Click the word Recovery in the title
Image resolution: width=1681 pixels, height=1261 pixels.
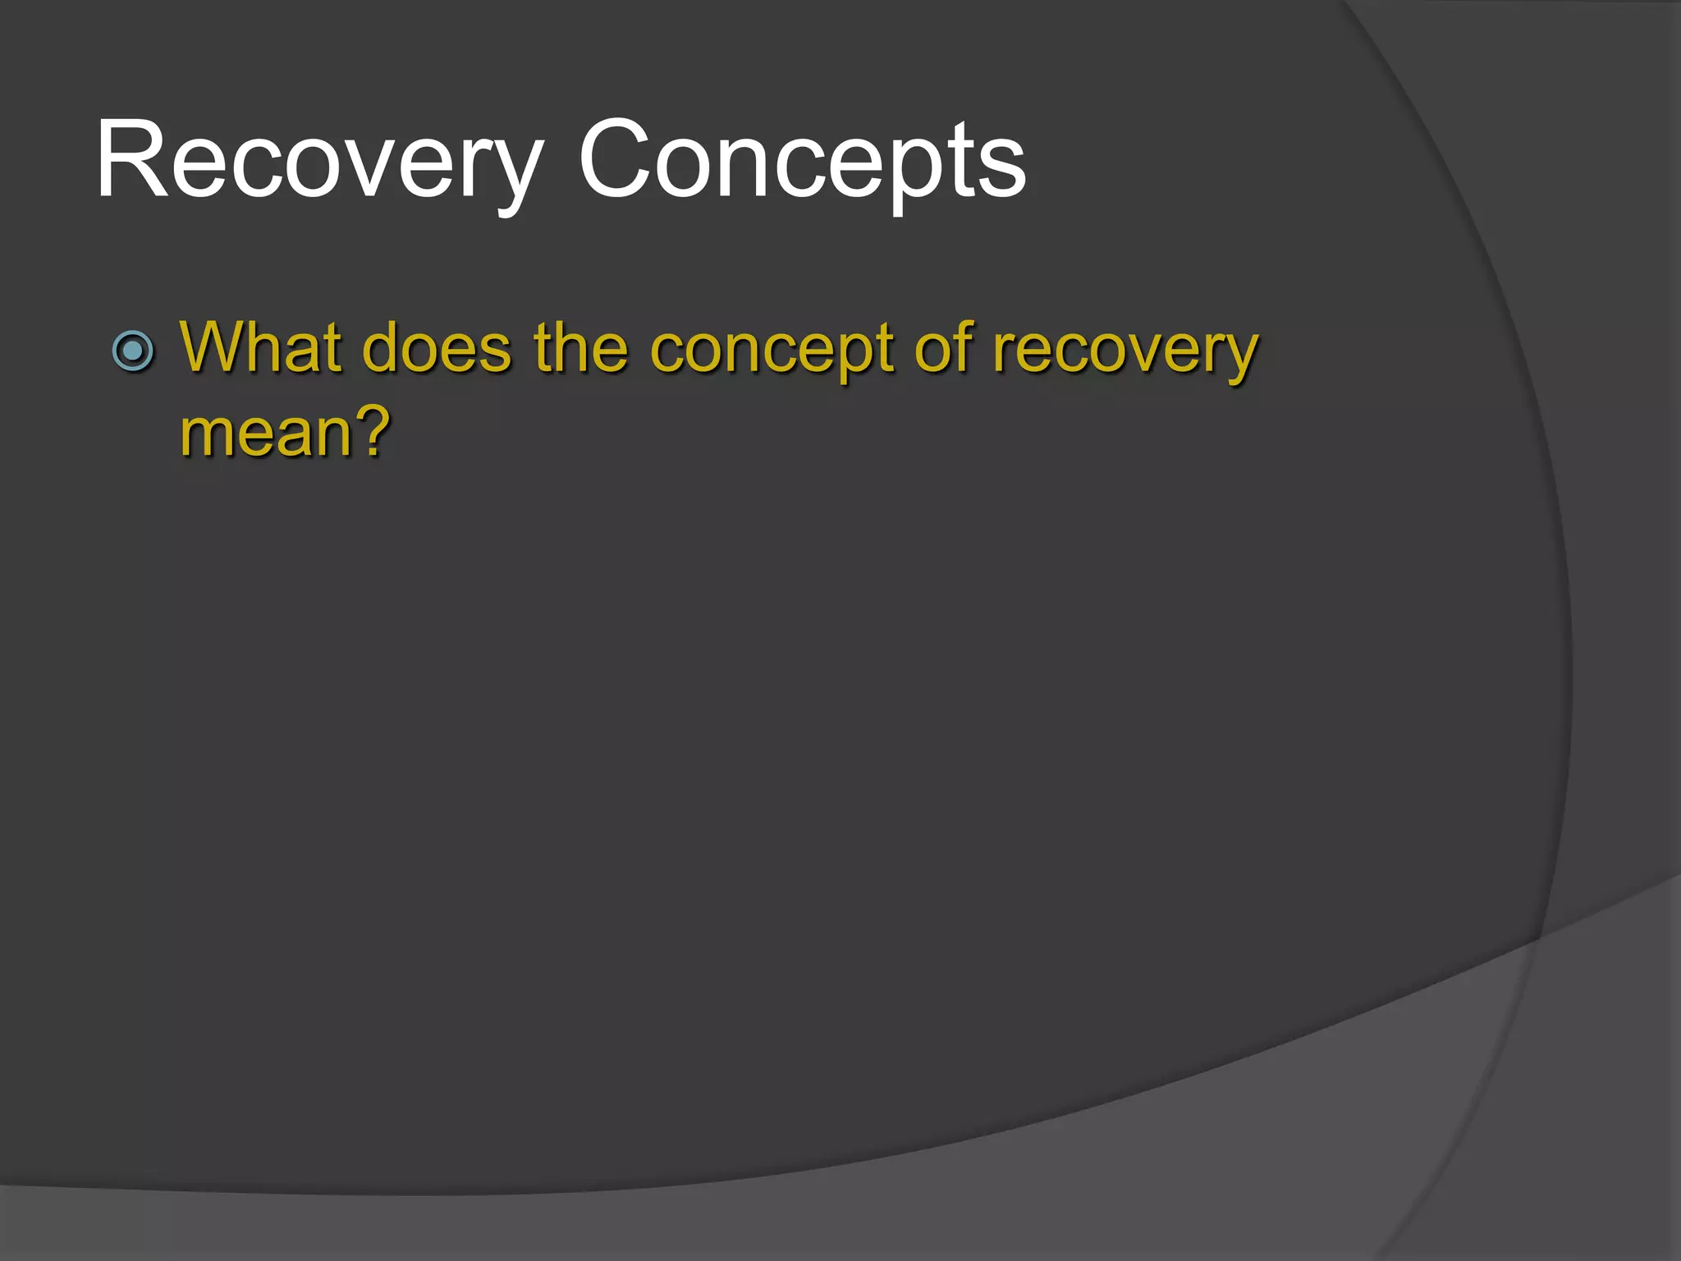coord(318,160)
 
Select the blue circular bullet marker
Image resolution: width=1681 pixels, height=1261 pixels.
coord(133,351)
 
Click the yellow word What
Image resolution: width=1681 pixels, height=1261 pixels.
coord(260,348)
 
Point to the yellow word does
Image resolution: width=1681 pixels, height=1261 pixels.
coord(437,348)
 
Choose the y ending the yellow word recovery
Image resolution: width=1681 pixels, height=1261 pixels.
coord(1234,357)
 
